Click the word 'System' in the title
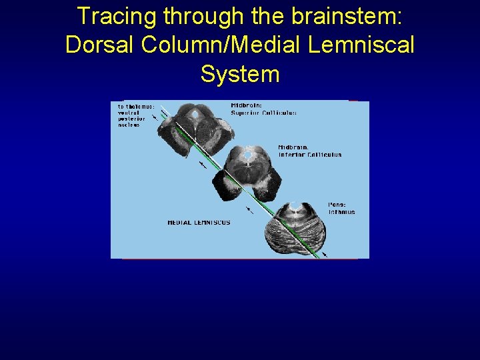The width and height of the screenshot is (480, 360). click(x=239, y=73)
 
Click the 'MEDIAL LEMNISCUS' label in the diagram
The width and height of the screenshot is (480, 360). click(x=199, y=223)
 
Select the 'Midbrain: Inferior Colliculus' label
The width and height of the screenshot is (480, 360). click(x=309, y=151)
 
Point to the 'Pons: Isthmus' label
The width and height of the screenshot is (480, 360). click(x=341, y=208)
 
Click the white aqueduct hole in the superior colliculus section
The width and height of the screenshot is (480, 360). click(x=195, y=114)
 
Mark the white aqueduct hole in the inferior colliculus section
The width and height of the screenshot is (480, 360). click(x=247, y=156)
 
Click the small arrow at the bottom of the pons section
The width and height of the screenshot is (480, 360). click(x=325, y=255)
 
